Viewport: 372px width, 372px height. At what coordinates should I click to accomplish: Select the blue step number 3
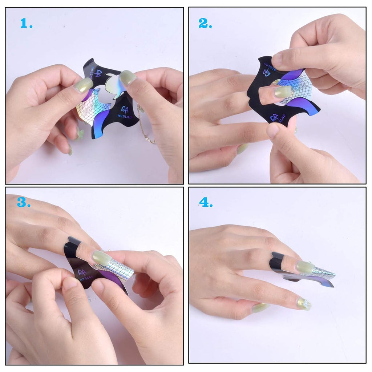(23, 202)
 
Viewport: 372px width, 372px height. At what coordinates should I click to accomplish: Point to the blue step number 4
(205, 202)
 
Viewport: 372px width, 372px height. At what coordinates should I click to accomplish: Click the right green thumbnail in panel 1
(128, 77)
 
